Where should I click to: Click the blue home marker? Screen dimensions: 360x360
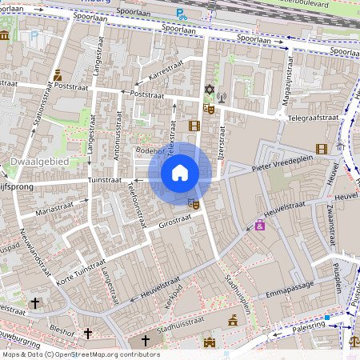tap(180, 173)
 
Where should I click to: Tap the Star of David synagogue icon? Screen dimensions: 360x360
tap(210, 90)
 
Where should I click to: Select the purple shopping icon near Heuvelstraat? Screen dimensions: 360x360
tap(260, 225)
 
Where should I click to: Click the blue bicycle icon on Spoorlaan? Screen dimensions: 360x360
tap(182, 14)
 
